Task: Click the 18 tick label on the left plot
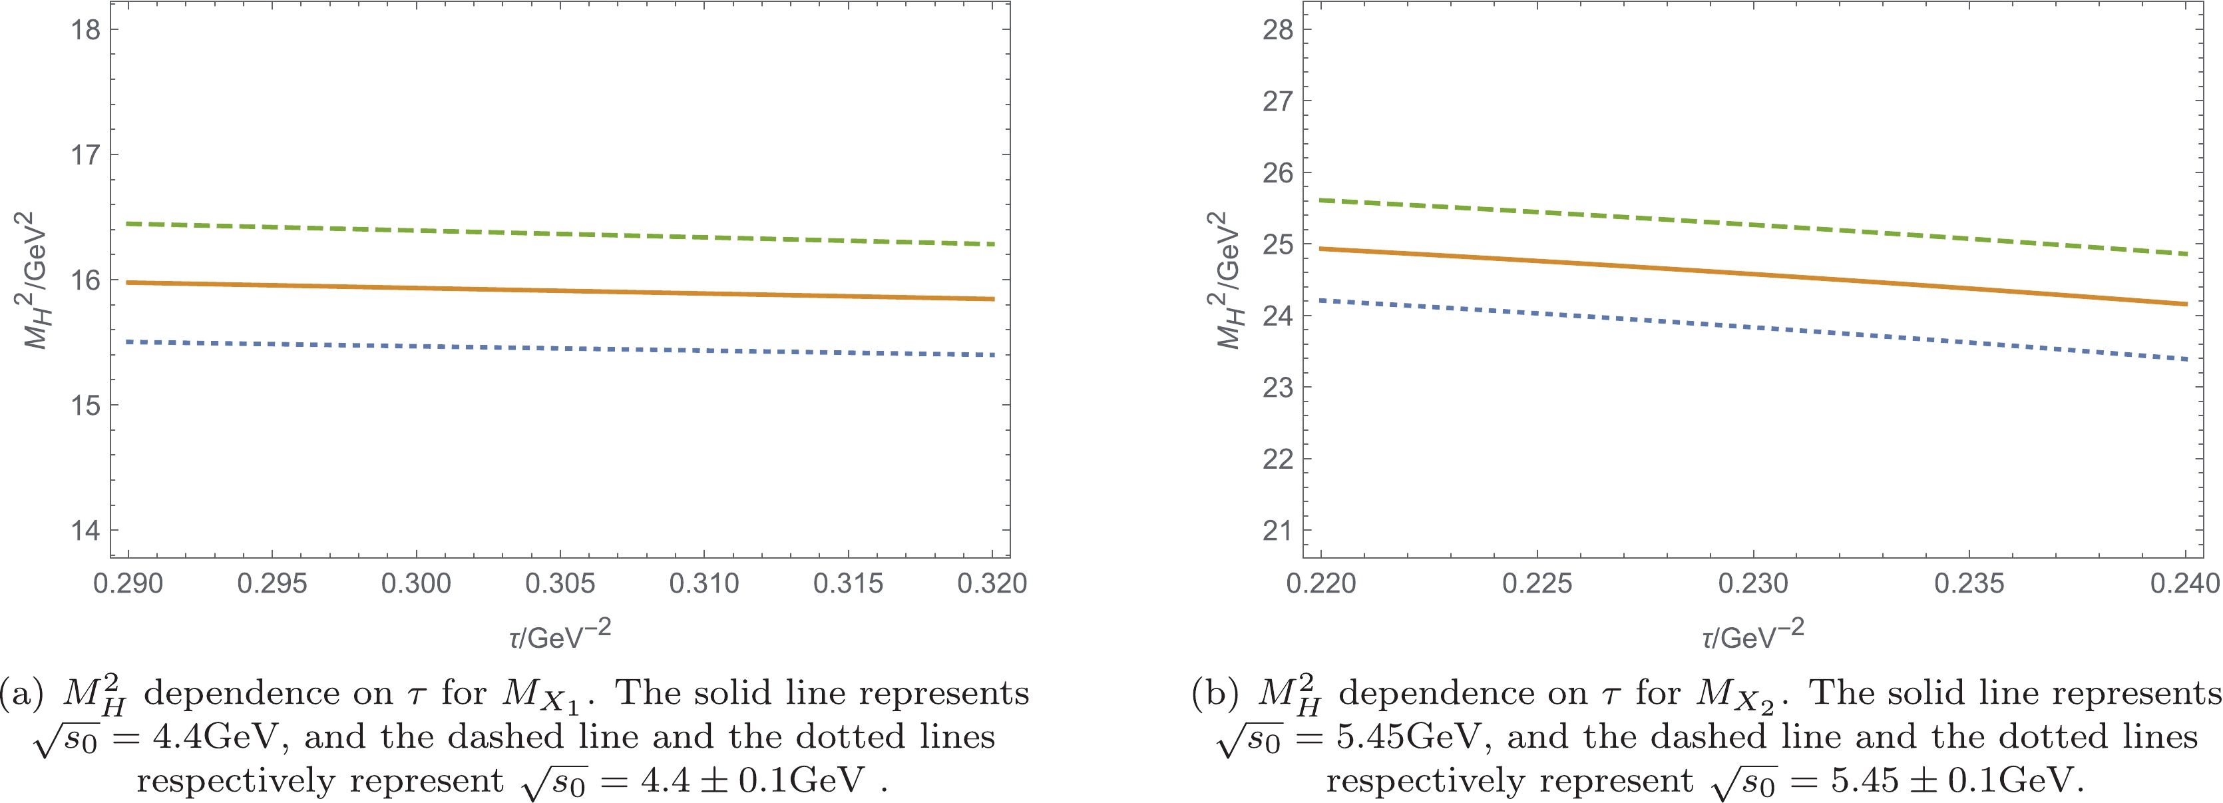click(85, 30)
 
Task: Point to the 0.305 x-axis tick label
click(560, 584)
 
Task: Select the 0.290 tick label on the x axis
click(128, 584)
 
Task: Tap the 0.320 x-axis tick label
click(992, 584)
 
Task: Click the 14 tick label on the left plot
click(85, 530)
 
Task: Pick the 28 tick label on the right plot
click(1278, 30)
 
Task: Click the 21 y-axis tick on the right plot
click(1278, 530)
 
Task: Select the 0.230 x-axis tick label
click(1752, 584)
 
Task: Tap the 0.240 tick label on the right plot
click(2184, 584)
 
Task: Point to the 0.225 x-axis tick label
click(1537, 584)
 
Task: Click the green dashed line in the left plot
click(561, 234)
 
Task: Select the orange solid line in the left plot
click(561, 291)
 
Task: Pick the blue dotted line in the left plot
click(561, 349)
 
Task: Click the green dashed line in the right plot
click(1752, 226)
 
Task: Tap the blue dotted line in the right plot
click(1752, 328)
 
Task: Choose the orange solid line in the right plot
click(1752, 274)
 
